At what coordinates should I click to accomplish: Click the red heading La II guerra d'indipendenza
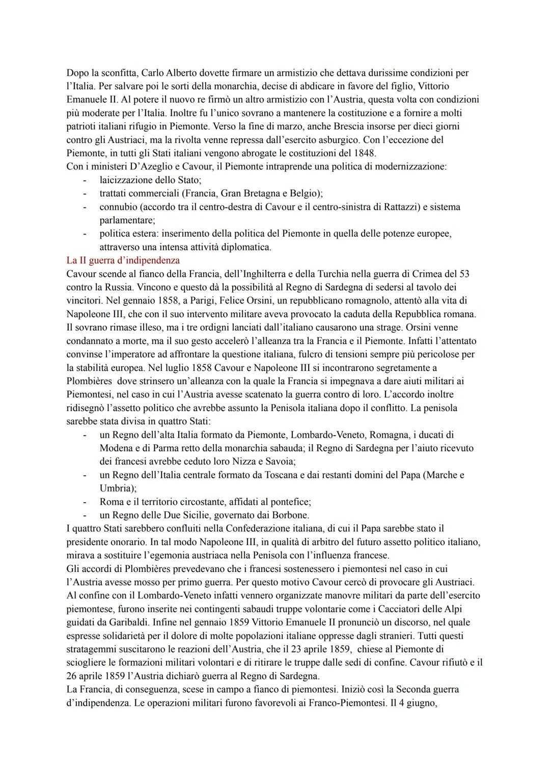pos(123,261)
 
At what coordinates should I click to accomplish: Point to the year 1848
pos(364,153)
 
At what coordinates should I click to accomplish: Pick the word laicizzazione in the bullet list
pos(127,180)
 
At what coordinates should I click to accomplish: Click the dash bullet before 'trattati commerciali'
pos(85,193)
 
